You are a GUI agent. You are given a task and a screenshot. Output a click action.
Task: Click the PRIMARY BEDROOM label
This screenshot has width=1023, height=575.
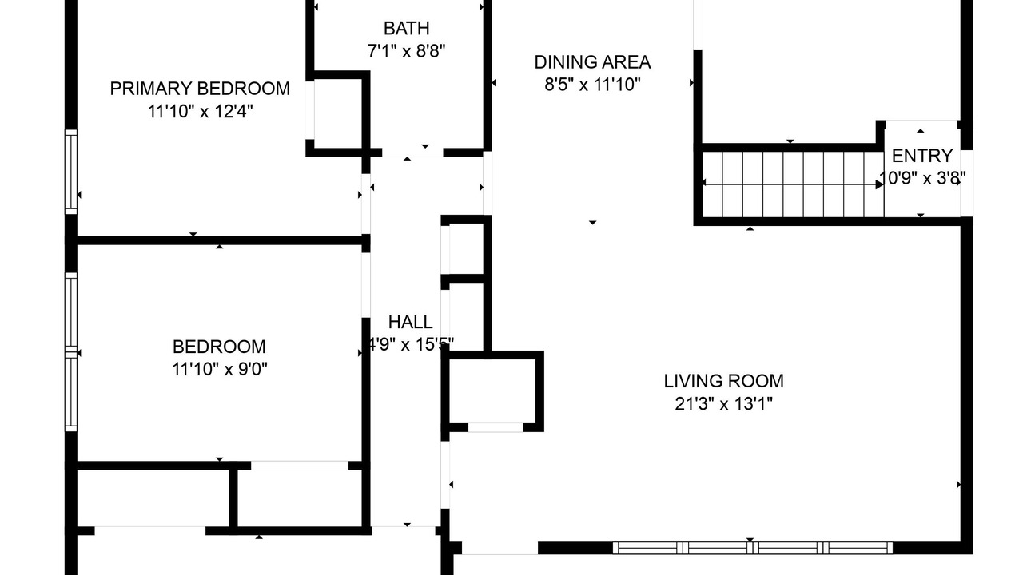[200, 89]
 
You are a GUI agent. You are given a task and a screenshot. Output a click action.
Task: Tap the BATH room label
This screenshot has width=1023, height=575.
[407, 28]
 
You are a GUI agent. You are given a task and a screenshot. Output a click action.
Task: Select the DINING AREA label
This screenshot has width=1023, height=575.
[592, 62]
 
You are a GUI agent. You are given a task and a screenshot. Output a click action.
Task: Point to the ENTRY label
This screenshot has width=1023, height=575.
[922, 156]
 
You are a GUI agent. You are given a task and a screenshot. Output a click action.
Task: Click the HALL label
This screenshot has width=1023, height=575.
[410, 322]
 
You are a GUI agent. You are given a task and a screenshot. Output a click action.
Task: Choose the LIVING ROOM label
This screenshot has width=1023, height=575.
[723, 381]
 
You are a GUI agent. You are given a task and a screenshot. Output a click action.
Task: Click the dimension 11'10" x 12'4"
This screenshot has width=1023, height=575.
[200, 111]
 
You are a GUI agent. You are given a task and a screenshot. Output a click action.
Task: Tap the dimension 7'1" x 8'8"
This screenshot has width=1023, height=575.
[407, 51]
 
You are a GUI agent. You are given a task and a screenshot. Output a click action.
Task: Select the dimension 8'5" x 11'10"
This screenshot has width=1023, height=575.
[592, 85]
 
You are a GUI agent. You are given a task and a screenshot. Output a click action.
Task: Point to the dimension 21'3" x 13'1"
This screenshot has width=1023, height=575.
[723, 404]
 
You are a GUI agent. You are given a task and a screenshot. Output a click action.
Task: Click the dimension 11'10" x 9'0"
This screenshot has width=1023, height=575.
[219, 369]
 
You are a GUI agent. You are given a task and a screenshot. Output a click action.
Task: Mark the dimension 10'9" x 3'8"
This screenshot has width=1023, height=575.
[922, 178]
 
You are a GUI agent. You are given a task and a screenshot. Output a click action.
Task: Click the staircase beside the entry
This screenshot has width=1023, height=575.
[793, 184]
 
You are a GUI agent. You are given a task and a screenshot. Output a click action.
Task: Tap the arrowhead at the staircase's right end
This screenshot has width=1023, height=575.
[880, 184]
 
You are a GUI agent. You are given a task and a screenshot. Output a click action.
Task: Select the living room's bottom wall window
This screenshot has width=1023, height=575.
[753, 548]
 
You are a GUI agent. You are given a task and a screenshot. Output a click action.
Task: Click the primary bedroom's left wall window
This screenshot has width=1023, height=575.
[71, 172]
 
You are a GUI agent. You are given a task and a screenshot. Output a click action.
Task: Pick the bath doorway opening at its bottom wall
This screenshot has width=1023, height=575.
[412, 153]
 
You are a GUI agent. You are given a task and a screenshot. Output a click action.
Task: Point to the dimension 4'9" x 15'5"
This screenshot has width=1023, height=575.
[410, 345]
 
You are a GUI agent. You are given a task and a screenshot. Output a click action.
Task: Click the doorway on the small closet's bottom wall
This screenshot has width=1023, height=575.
[496, 427]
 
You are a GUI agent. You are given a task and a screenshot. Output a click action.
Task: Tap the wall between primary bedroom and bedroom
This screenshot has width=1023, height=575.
[219, 240]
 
